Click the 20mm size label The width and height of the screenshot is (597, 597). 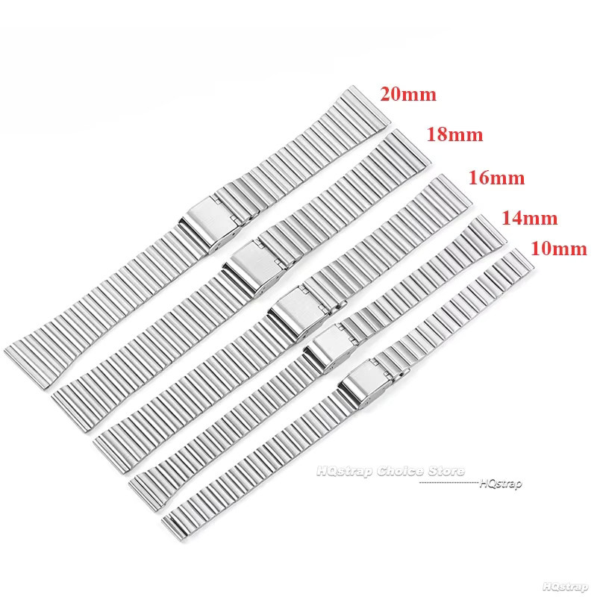(408, 94)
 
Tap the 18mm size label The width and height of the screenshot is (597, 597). (454, 134)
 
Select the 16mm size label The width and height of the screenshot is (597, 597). (496, 178)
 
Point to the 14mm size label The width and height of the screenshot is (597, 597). (530, 218)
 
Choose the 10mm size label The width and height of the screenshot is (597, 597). (559, 249)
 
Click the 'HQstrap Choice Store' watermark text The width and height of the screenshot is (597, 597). (390, 472)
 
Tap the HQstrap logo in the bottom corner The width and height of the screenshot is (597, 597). (565, 587)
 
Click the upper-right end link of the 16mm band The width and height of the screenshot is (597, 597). (451, 193)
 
